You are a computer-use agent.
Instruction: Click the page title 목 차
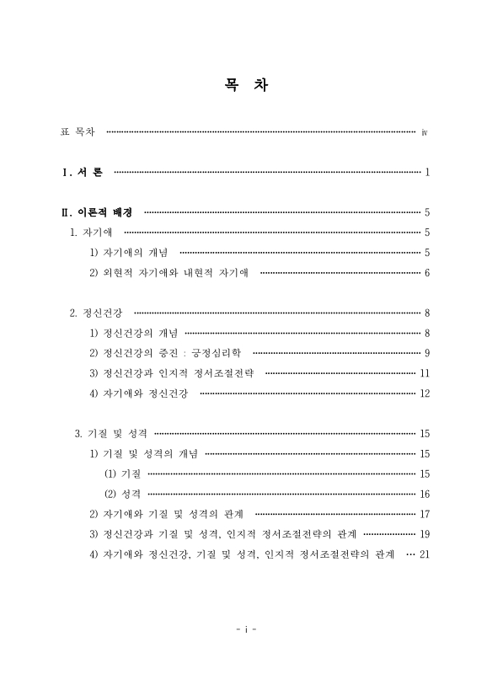(x=243, y=86)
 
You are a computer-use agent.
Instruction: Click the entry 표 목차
(x=78, y=132)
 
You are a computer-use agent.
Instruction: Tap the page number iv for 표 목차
(x=425, y=132)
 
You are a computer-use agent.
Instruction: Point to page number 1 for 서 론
(x=428, y=173)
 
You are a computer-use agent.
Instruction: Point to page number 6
(x=428, y=273)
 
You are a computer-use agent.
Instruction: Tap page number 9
(x=428, y=353)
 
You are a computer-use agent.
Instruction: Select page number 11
(x=425, y=373)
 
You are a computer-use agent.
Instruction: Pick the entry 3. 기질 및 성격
(x=111, y=434)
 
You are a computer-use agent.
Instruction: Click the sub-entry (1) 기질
(x=122, y=473)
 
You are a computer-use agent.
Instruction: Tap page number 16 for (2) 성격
(x=425, y=494)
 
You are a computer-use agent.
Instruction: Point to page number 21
(x=425, y=554)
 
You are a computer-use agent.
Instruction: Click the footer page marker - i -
(x=244, y=628)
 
